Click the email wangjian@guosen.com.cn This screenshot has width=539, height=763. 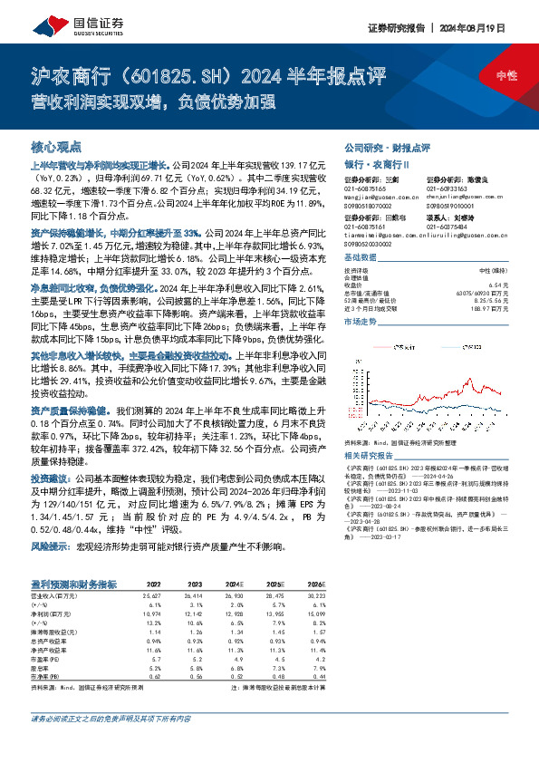point(378,196)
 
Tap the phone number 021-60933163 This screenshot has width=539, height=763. point(451,188)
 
